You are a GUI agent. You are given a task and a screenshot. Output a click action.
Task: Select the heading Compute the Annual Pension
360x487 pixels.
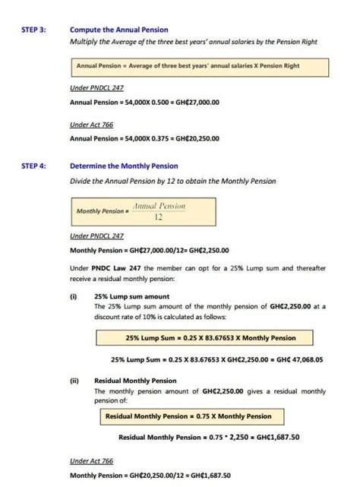coord(118,30)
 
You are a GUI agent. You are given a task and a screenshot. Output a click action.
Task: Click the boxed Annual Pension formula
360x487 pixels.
coord(198,66)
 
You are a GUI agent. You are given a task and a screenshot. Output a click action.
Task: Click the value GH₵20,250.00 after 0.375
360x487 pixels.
coord(197,139)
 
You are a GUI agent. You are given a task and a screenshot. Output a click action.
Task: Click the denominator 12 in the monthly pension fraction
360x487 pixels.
coord(159,217)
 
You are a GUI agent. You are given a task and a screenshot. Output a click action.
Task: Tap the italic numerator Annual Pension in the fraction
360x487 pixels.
coord(159,206)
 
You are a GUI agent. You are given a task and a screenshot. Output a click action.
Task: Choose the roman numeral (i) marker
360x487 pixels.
coord(74,297)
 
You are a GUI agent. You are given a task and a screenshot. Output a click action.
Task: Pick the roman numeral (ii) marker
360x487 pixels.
coord(74,381)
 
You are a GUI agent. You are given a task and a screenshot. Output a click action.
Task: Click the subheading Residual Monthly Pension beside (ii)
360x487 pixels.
coord(135,381)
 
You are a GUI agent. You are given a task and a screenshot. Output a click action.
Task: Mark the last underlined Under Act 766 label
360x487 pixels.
coord(92,460)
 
